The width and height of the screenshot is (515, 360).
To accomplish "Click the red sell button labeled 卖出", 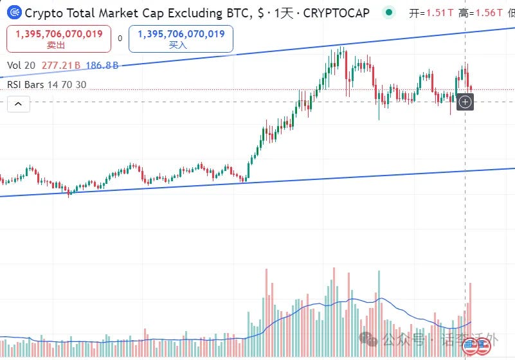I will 59,39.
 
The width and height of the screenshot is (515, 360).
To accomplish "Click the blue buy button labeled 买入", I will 181,39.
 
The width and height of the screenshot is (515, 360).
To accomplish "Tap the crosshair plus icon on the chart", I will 465,102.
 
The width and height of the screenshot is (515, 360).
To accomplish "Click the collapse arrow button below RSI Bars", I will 18,103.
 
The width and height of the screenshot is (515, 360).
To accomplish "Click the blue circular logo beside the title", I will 14,12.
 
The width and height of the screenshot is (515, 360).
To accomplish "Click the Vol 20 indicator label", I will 21,65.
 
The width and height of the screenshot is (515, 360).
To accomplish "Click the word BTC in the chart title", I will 227,12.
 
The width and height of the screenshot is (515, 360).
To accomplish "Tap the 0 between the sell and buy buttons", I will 120,39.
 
